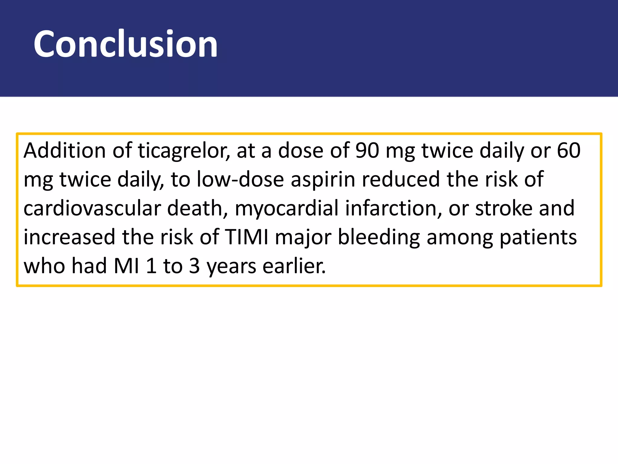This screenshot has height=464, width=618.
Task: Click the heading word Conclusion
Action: (125, 44)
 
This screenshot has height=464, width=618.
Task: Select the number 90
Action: (367, 150)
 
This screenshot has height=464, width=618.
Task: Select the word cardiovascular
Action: (92, 208)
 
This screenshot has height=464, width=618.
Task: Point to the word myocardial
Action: (287, 209)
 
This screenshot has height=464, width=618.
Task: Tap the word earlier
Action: (294, 266)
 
